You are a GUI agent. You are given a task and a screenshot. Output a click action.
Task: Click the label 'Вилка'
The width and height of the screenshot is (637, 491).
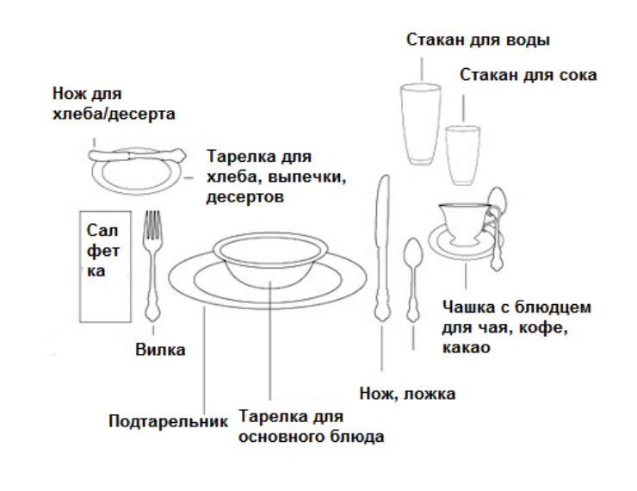click(x=160, y=350)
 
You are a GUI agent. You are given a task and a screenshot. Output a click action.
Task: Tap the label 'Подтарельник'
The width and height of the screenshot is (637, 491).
click(x=168, y=421)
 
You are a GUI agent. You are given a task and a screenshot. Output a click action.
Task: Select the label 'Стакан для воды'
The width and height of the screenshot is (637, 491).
click(x=478, y=40)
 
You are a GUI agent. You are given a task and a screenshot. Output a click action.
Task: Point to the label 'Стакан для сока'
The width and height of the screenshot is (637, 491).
click(x=529, y=75)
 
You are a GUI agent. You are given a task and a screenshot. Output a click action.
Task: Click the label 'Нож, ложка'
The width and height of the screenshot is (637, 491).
click(x=407, y=394)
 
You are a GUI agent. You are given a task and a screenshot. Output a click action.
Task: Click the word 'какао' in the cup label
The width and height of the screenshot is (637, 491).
click(x=466, y=348)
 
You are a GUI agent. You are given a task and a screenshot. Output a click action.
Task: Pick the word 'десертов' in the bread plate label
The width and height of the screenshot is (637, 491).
click(x=245, y=197)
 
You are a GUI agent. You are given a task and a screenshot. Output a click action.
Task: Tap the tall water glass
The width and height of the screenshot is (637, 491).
click(x=421, y=124)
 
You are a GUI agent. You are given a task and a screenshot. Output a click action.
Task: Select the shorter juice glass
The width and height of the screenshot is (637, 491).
click(x=463, y=155)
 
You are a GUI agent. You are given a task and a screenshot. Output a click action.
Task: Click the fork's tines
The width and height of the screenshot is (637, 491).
click(x=152, y=225)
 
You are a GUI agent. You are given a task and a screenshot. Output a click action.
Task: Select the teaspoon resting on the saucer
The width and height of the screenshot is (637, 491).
click(x=497, y=228)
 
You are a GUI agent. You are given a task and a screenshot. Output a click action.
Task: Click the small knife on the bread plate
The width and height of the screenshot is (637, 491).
click(x=138, y=155)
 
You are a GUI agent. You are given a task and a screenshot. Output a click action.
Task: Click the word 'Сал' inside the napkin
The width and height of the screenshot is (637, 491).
click(x=102, y=231)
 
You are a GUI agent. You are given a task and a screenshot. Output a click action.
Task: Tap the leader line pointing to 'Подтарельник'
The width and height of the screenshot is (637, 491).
click(x=204, y=359)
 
